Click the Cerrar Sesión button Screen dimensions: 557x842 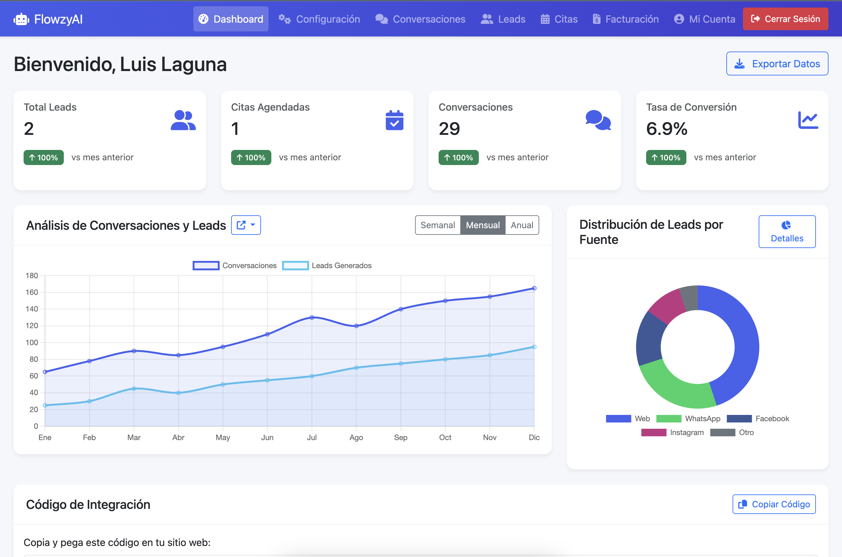[785, 19]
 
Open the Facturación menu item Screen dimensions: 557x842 [625, 19]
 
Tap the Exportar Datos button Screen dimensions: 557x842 [777, 63]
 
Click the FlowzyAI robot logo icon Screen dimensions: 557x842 [21, 19]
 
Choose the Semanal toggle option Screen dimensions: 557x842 [437, 225]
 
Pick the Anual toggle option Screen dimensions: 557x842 [522, 225]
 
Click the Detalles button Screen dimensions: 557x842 [787, 232]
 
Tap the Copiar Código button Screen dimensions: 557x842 [774, 504]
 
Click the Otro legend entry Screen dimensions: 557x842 [732, 432]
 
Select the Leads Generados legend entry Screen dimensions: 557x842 [327, 265]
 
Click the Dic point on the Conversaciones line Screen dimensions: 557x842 [534, 289]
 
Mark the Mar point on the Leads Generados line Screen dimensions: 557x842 [134, 389]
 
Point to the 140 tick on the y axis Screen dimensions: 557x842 [32, 309]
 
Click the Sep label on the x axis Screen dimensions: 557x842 [400, 437]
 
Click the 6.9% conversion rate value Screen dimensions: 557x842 [667, 129]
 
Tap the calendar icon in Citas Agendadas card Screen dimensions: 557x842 [394, 120]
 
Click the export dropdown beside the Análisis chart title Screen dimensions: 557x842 [246, 225]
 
